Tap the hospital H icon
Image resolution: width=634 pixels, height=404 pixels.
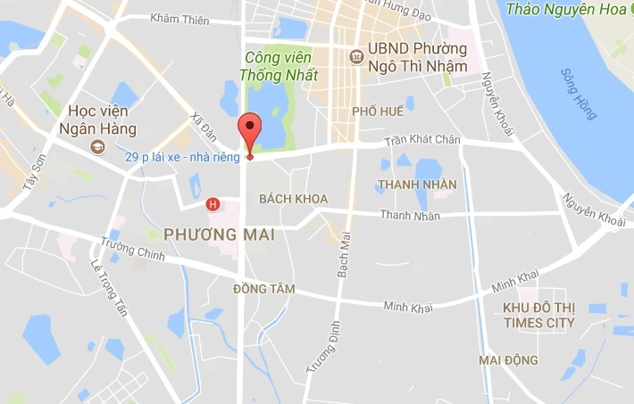(x=213, y=204)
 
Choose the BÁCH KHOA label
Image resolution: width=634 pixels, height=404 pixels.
(x=292, y=198)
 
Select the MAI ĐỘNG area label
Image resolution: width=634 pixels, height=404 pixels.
(x=508, y=360)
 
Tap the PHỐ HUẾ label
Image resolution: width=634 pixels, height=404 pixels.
(x=378, y=111)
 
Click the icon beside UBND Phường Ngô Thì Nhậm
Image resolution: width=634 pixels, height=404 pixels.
(x=357, y=55)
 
